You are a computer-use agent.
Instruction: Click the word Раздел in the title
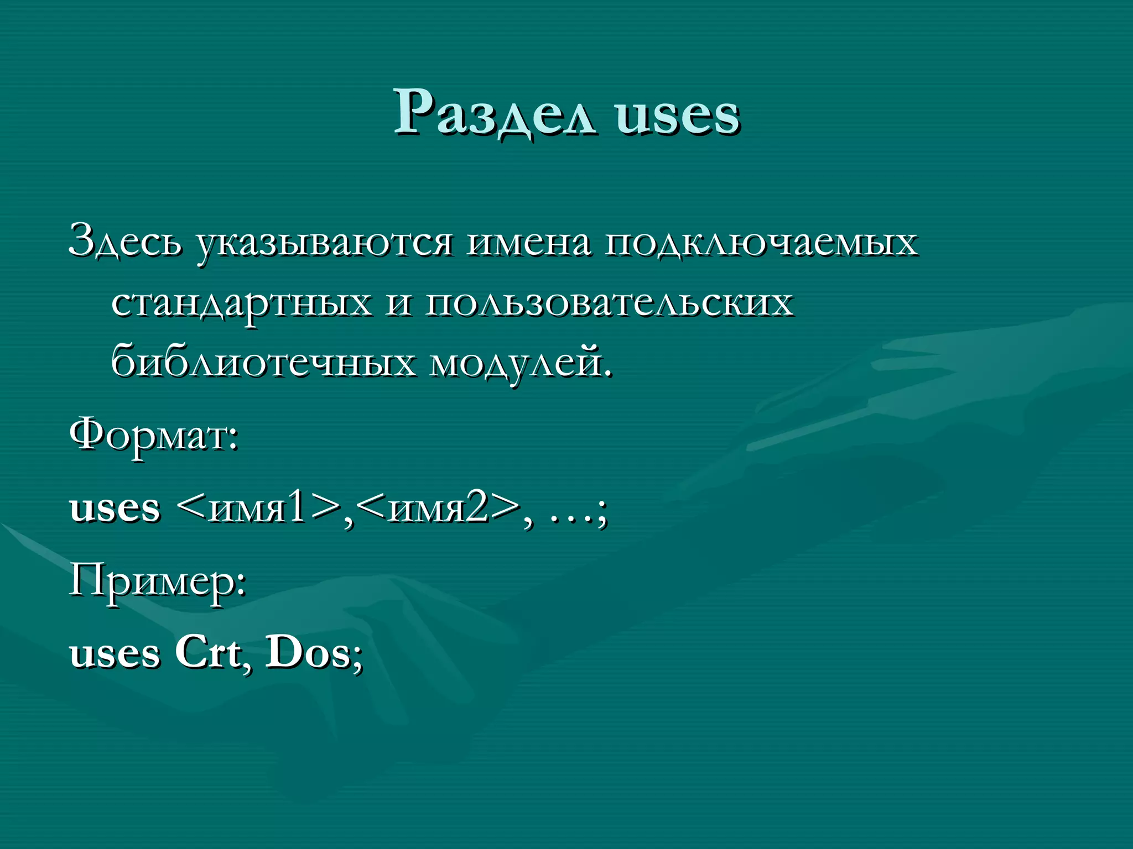click(495, 113)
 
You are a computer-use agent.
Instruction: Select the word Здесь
click(124, 242)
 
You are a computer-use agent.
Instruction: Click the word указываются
click(324, 243)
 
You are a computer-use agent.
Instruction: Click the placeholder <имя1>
click(259, 507)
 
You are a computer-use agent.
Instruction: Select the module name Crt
click(208, 652)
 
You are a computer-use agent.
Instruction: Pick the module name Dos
click(308, 652)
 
